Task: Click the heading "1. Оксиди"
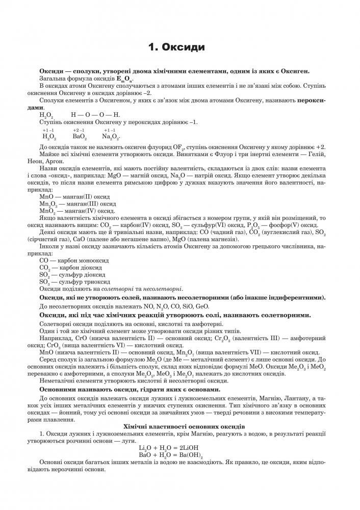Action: pos(176,48)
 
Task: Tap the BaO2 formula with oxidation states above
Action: pos(80,137)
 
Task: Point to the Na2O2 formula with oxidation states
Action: pos(110,137)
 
